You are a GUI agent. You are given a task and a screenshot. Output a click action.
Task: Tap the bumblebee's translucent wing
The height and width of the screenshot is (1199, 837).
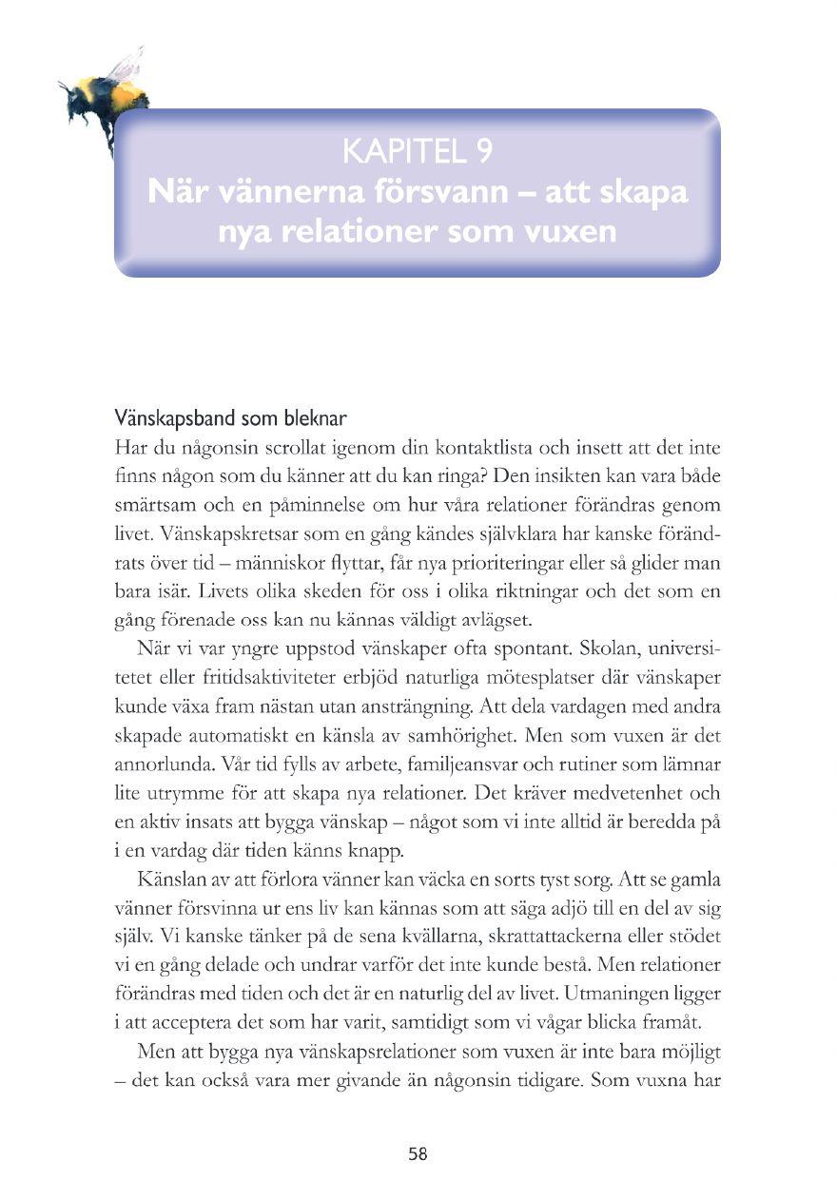(126, 66)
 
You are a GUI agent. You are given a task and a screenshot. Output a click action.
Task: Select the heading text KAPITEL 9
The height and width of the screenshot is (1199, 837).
(417, 151)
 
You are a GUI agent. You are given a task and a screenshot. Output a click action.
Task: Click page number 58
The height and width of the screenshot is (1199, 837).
(418, 1154)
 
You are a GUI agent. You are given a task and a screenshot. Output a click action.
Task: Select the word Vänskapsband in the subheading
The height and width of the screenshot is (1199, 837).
(165, 418)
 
